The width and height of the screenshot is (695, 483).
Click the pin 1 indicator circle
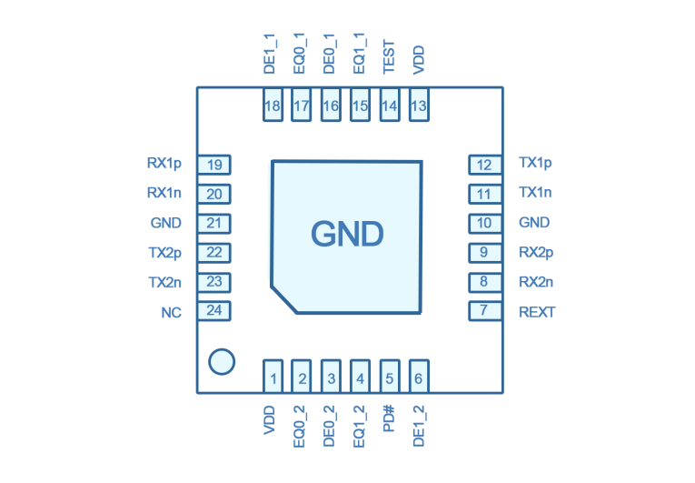click(x=222, y=361)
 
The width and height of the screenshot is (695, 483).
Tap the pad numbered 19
click(x=214, y=165)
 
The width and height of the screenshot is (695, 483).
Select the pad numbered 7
click(x=485, y=310)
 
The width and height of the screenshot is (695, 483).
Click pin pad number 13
click(x=419, y=105)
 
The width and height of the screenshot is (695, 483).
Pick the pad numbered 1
click(x=273, y=377)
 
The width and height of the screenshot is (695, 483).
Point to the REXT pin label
click(x=537, y=312)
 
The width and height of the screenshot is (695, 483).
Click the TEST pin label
click(x=389, y=56)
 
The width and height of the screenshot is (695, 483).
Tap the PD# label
click(x=389, y=418)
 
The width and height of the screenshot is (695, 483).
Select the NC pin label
click(x=171, y=313)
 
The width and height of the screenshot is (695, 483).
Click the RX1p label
click(x=164, y=164)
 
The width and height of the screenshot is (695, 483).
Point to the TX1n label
click(x=535, y=192)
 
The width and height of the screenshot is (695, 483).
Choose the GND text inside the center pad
click(x=347, y=234)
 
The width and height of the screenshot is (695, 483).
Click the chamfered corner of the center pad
click(x=283, y=300)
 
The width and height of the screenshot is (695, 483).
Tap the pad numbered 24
click(x=214, y=310)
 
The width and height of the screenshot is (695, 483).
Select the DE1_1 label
click(x=270, y=54)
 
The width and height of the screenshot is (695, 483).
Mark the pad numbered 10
click(x=485, y=223)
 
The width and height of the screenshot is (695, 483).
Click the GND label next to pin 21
click(x=165, y=223)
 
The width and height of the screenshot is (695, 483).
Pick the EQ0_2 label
click(x=300, y=427)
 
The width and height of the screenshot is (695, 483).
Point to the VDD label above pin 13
click(x=419, y=60)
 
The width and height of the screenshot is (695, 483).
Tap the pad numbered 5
click(x=390, y=377)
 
